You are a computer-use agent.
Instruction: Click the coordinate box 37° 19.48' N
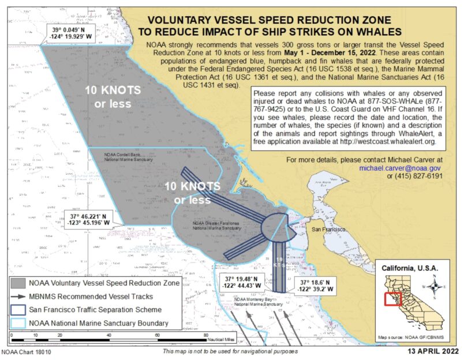coord(244,282)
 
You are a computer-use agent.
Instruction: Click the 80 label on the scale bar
coord(206,336)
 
